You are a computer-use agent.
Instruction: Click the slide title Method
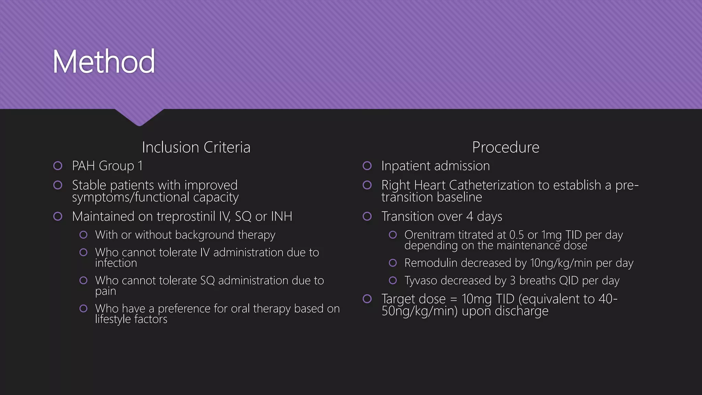104,62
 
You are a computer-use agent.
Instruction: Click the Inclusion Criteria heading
196,147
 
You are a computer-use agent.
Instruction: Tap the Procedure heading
506,147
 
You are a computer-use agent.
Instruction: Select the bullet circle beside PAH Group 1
58,166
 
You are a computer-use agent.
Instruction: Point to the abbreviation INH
281,217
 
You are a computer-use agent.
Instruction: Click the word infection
116,263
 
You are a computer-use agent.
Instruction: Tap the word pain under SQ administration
106,291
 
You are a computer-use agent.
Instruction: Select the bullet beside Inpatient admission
367,166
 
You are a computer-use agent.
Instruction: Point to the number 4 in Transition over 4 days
470,217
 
